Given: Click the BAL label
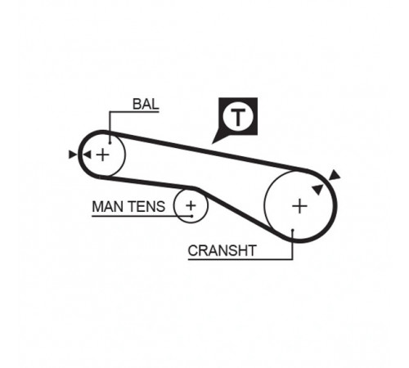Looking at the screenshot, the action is [146, 104].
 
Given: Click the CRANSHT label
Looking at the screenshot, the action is [222, 250].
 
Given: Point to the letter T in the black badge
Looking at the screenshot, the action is [238, 117].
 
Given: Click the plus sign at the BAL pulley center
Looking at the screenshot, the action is [103, 155].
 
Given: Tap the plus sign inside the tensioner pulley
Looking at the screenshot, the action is [191, 205].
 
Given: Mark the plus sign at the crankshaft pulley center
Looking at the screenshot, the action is [299, 206].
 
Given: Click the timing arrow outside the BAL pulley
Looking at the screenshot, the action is [73, 155].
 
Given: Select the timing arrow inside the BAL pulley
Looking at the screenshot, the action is [88, 155].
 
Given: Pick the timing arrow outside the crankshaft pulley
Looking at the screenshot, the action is [335, 175].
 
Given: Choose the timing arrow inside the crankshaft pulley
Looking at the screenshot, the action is [318, 189].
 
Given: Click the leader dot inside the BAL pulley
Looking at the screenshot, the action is [110, 142].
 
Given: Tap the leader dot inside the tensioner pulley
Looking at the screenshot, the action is [192, 216].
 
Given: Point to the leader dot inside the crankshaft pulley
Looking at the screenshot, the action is [293, 231].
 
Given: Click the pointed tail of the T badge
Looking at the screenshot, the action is [212, 143].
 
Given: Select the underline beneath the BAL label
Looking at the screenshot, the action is [134, 111].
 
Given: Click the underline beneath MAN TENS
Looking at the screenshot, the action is [142, 216].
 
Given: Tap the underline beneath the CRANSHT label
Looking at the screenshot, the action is [240, 259].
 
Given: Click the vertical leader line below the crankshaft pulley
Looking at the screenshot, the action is [292, 245].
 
